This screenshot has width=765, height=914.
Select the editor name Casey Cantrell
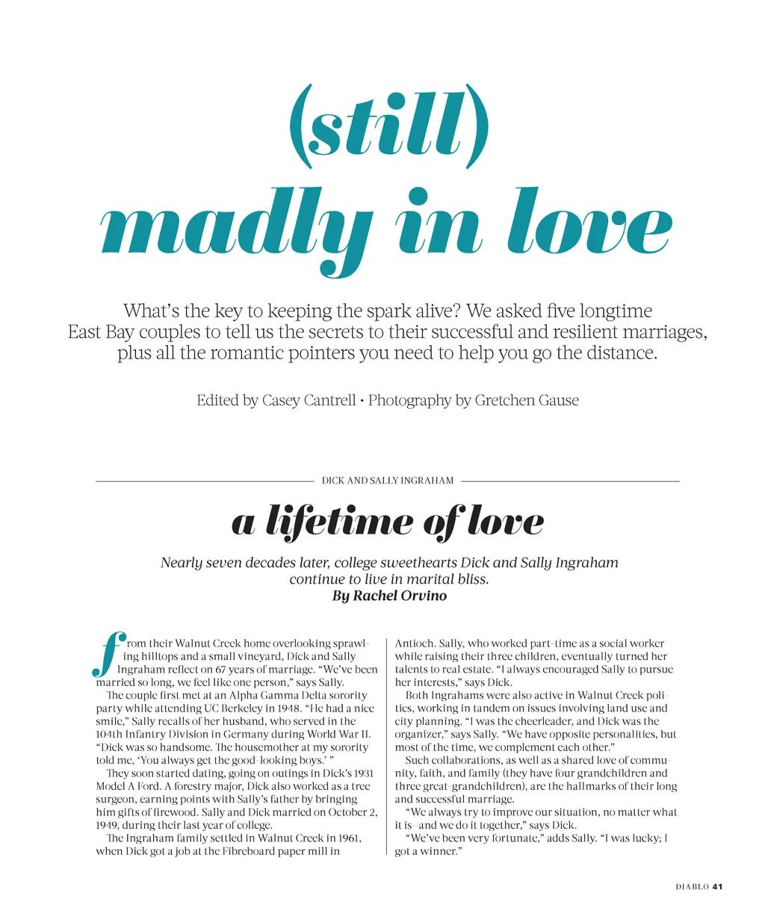click(309, 401)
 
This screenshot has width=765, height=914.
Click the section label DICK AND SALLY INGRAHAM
click(388, 481)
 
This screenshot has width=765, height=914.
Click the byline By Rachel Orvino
click(389, 596)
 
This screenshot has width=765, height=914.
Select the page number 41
click(718, 887)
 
